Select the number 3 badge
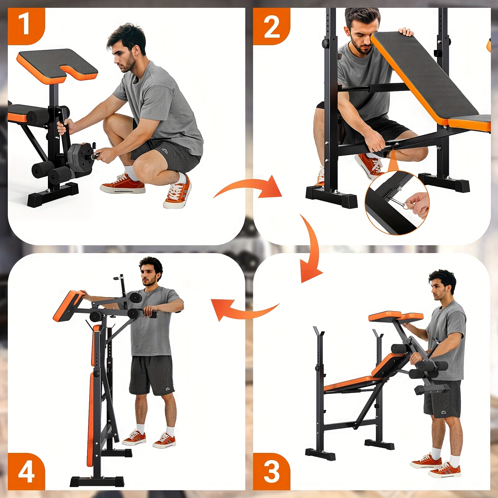271,471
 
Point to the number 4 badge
26,471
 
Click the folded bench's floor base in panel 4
96,481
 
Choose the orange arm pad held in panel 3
395,317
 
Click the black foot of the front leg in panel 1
53,195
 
